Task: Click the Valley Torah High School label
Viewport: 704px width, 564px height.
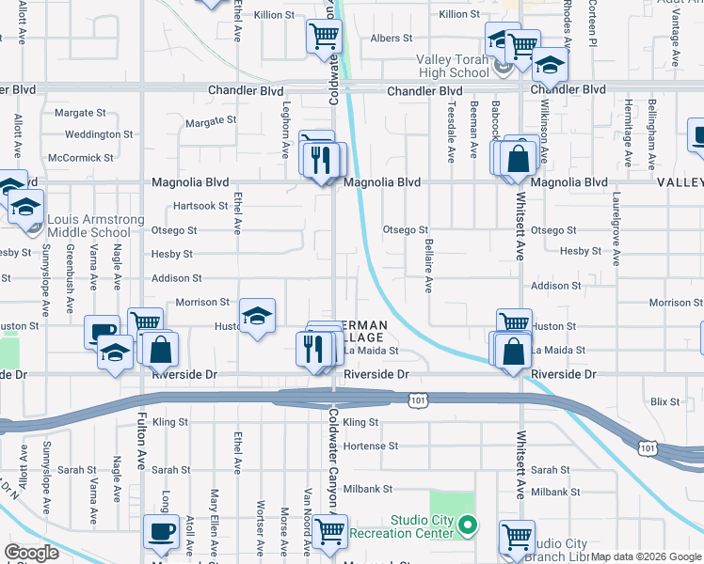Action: (453, 66)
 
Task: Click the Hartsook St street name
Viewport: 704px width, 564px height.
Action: (200, 206)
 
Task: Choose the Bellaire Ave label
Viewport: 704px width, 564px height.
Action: (429, 266)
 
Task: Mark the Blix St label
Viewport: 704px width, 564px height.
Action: (664, 401)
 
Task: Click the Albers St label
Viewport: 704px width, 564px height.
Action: (392, 39)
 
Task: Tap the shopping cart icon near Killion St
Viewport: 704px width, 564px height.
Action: (323, 37)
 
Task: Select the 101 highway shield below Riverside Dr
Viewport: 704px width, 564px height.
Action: (416, 401)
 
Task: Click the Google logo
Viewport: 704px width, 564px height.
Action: (32, 553)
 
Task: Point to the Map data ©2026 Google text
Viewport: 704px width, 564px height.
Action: (647, 556)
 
